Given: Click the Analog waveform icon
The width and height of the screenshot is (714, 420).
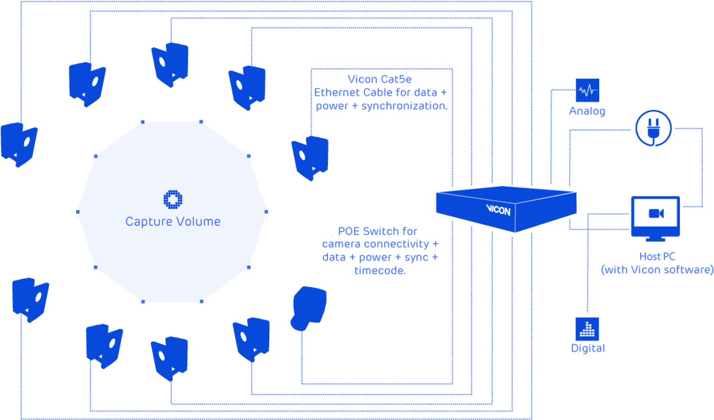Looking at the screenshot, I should point(588,91).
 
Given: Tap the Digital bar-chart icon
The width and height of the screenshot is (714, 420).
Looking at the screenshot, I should point(587,329).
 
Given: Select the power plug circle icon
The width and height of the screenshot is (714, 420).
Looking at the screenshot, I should point(653,128).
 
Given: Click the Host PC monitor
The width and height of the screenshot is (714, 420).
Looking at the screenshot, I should point(655,217).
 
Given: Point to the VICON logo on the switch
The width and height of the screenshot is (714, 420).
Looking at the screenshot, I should point(498,210).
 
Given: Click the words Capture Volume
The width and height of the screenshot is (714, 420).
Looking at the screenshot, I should point(173,222).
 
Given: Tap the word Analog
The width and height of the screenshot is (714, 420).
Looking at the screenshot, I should point(587,111).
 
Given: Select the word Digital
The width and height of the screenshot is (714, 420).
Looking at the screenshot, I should point(588,348).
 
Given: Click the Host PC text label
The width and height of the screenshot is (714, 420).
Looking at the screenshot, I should point(657,257).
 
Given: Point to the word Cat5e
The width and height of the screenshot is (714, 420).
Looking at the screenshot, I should point(397,79).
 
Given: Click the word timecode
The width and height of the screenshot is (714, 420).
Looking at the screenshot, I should point(380,270).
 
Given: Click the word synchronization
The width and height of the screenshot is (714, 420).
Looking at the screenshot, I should point(404,106).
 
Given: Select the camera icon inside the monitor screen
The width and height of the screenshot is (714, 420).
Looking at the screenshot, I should point(656,213).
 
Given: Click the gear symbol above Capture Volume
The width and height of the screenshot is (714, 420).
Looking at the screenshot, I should point(173,199).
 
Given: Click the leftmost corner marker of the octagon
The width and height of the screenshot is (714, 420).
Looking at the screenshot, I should point(78,212).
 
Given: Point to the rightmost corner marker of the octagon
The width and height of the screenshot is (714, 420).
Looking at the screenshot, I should point(266,212).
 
